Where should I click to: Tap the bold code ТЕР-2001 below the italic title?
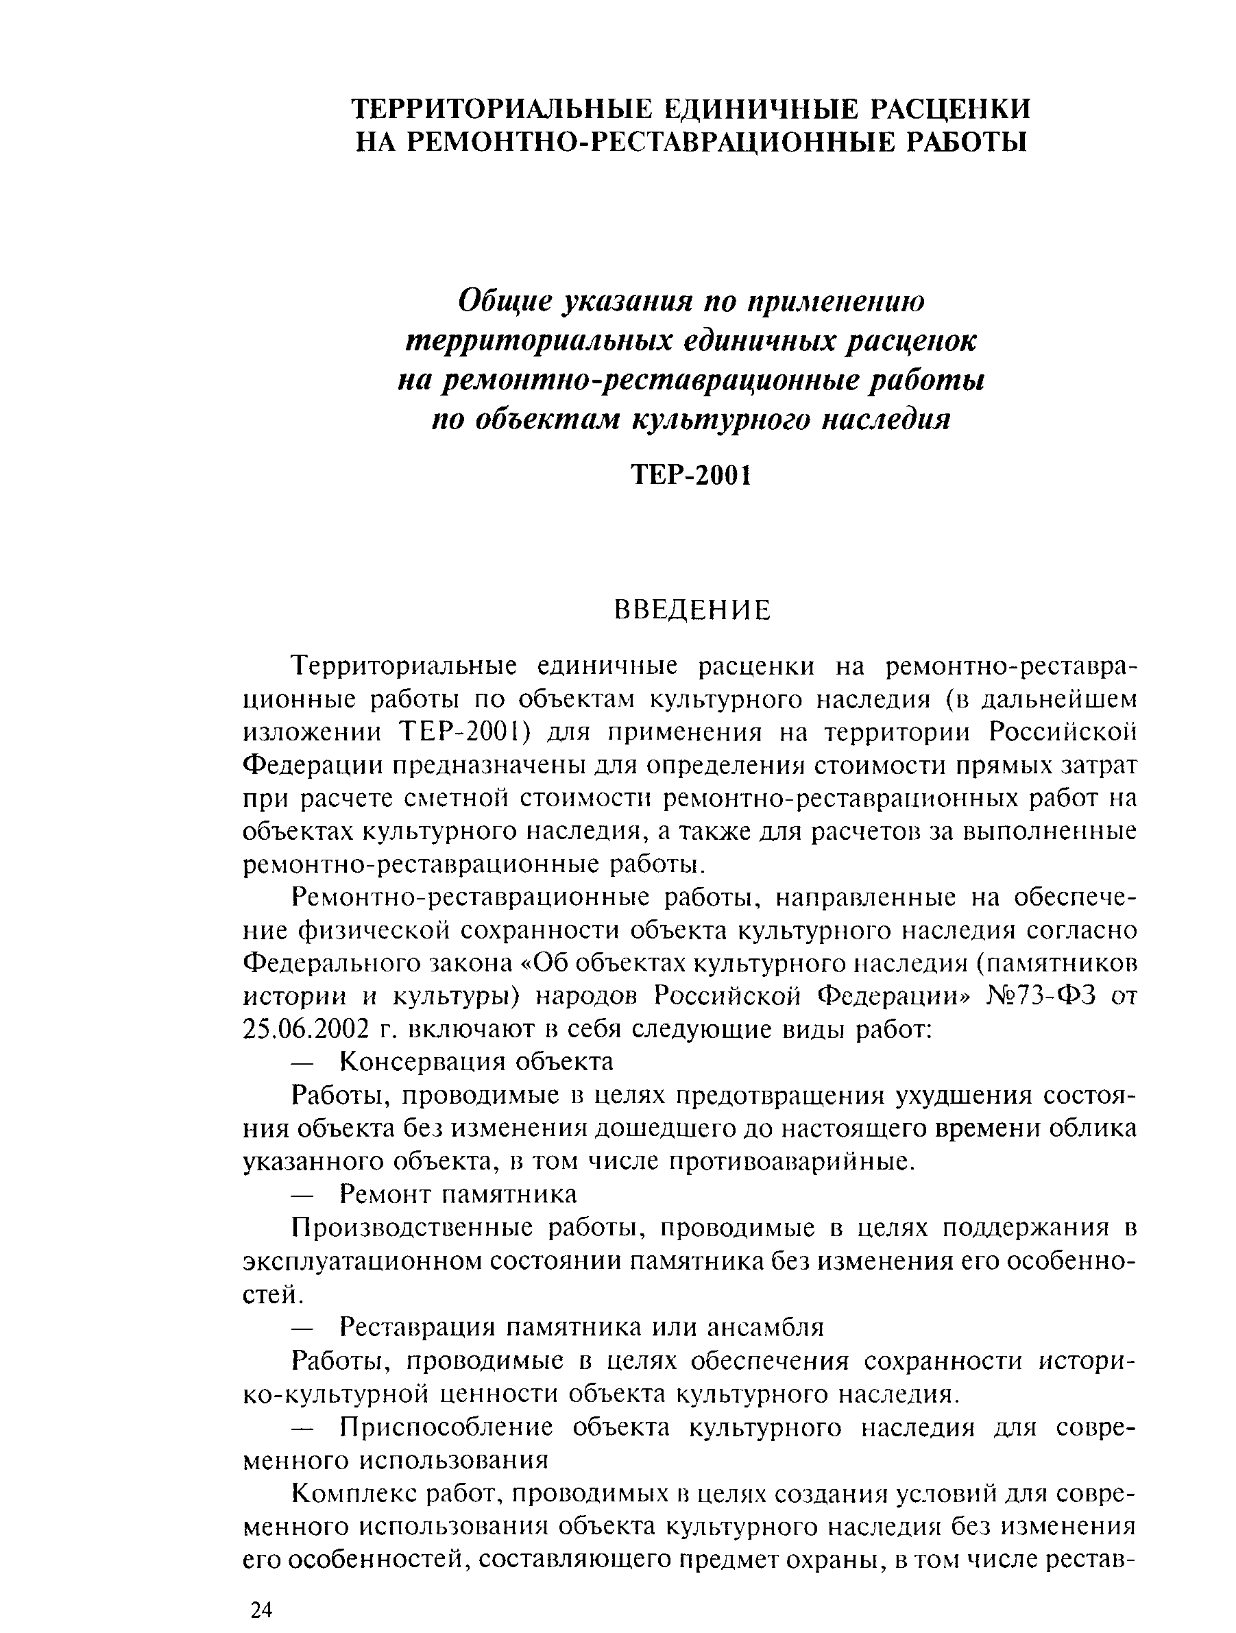(x=692, y=476)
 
